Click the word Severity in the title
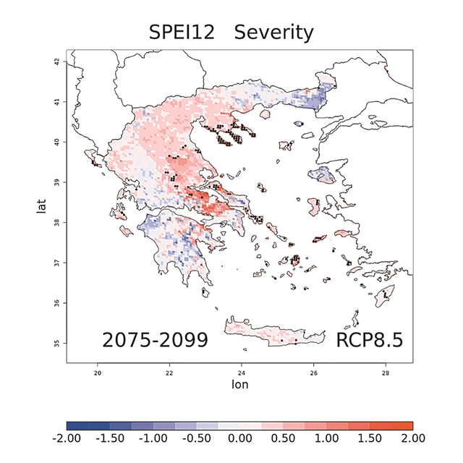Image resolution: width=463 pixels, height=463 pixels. point(274,33)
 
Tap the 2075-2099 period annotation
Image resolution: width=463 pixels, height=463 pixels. point(155,339)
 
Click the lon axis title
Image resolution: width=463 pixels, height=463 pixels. point(239,384)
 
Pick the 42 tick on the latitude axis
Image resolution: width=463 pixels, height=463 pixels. point(57,62)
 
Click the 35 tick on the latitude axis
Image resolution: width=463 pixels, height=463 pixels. point(57,342)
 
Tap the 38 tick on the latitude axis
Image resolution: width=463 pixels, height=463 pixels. point(57,222)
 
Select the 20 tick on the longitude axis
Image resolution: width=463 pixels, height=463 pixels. point(98,373)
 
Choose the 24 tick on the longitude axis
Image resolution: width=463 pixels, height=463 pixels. point(242,373)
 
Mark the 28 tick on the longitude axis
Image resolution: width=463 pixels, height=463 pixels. point(385,373)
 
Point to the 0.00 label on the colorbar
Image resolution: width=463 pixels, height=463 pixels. point(239,438)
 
